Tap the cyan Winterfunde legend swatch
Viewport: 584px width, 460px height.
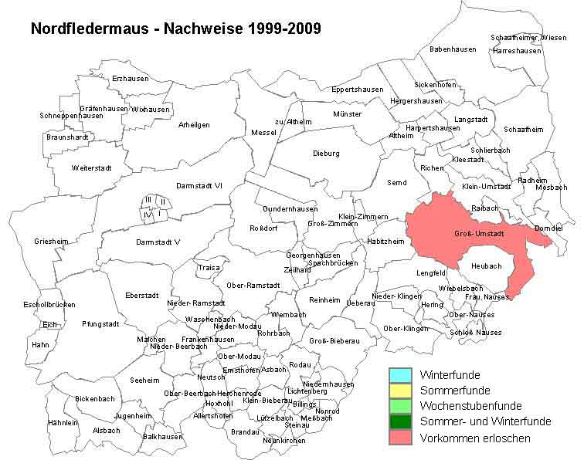pyautogui.click(x=399, y=375)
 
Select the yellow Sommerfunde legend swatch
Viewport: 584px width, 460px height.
pyautogui.click(x=399, y=391)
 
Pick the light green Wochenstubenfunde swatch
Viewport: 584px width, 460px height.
pyautogui.click(x=399, y=406)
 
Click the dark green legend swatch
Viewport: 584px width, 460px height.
pyautogui.click(x=399, y=421)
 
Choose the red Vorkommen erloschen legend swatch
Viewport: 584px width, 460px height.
pyautogui.click(x=399, y=438)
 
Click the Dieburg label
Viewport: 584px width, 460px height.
pyautogui.click(x=326, y=154)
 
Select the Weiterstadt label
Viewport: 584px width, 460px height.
pyautogui.click(x=91, y=167)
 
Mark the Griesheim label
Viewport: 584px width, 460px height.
pyautogui.click(x=51, y=242)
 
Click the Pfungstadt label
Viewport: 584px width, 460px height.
pyautogui.click(x=100, y=324)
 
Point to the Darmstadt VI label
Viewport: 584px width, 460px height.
pyautogui.click(x=199, y=185)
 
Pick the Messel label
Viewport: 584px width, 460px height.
pyautogui.click(x=263, y=133)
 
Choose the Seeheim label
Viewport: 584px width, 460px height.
pyautogui.click(x=144, y=380)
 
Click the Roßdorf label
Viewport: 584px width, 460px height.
pyautogui.click(x=263, y=228)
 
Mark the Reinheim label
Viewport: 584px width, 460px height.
pyautogui.click(x=324, y=299)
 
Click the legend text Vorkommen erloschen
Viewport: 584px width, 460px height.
pyautogui.click(x=474, y=438)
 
